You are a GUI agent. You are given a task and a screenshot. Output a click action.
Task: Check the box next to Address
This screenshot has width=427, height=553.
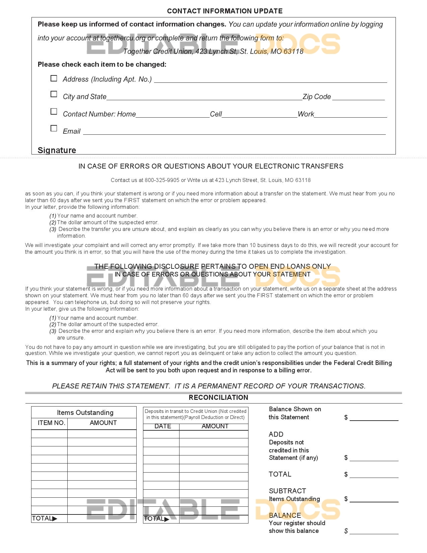coord(54,78)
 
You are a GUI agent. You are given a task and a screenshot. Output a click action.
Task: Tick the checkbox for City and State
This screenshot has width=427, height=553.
coord(54,94)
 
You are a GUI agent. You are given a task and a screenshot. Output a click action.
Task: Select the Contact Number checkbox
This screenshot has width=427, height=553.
coord(54,111)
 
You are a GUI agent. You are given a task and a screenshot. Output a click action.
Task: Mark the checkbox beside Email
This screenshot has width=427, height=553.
coord(54,128)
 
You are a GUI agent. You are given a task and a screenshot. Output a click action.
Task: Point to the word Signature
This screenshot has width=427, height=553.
coord(57,150)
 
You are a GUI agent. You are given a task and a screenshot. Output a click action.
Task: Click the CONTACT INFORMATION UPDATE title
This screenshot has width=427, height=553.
coord(225,11)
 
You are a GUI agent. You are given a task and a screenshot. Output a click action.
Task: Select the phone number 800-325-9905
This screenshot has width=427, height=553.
coord(162,180)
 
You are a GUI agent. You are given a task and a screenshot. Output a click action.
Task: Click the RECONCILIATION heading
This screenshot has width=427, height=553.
coord(218,398)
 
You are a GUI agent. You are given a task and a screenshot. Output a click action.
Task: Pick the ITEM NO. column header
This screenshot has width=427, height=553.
coord(51,423)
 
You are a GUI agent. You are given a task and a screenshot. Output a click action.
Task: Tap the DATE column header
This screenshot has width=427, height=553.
coord(163,426)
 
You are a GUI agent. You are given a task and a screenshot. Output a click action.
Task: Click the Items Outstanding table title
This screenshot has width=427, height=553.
coord(85,413)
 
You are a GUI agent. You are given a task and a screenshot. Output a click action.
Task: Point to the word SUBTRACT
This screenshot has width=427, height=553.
coord(287,491)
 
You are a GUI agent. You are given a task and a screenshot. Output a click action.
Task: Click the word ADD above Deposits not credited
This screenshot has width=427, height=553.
coord(276,434)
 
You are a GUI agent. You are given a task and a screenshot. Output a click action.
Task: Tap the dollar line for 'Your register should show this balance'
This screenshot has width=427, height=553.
coord(374,532)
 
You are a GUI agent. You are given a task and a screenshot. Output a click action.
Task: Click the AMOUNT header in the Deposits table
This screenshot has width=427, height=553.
coord(215,426)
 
